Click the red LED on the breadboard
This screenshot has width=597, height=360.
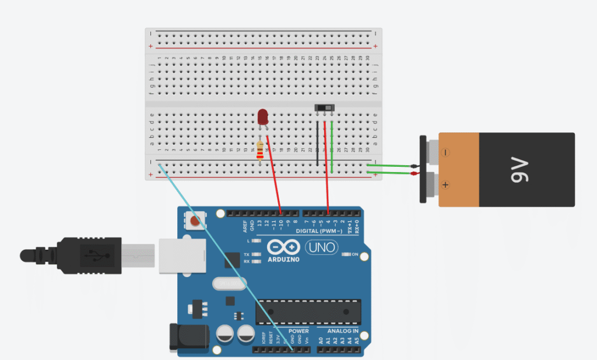point(262,116)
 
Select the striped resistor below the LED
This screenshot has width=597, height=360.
point(260,149)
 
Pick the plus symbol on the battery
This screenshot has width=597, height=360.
point(445,185)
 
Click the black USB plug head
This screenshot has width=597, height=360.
point(87,255)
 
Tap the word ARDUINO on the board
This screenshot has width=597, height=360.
point(283,258)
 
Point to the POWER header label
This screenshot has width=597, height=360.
point(298,331)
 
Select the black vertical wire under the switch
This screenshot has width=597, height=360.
point(318,144)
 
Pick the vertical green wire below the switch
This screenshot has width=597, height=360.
point(332,146)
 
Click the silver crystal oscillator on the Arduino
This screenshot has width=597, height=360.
point(226,284)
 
